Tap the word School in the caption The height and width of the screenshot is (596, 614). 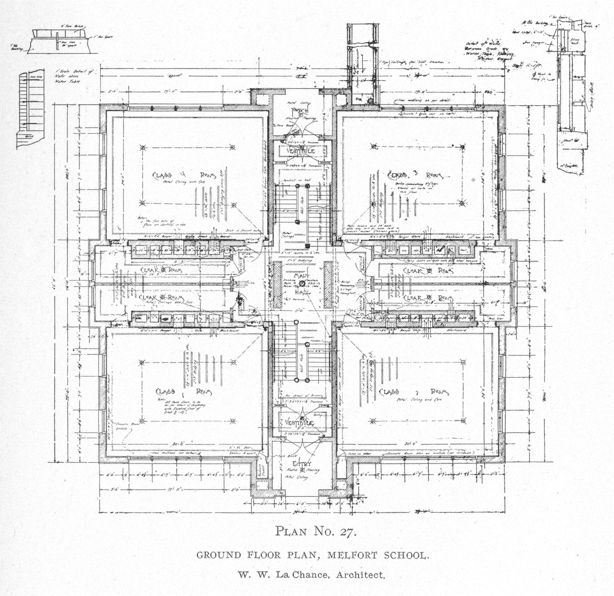(x=404, y=555)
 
